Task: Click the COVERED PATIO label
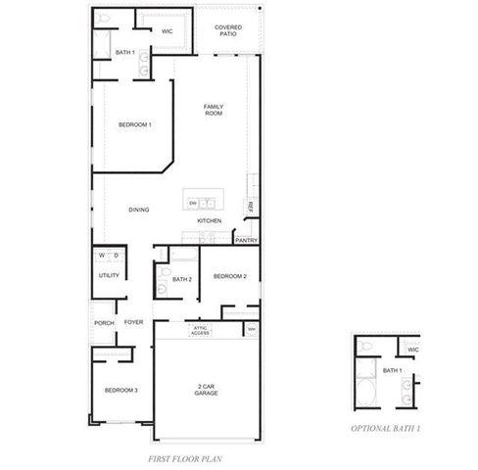click(x=228, y=31)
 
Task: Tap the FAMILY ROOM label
click(x=214, y=110)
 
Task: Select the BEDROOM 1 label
click(x=135, y=124)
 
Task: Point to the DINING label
click(x=138, y=210)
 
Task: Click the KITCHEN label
click(x=210, y=220)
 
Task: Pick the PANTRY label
click(x=247, y=239)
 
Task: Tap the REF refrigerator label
click(x=251, y=206)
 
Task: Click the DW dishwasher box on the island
click(x=193, y=203)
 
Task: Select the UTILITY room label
click(x=109, y=275)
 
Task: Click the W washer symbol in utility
click(x=101, y=256)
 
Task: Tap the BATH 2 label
click(x=181, y=279)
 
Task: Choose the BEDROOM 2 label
click(x=230, y=276)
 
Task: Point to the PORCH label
click(x=104, y=323)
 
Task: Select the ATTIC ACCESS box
click(x=200, y=330)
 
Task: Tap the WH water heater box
click(x=252, y=328)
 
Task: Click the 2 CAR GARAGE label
click(x=206, y=390)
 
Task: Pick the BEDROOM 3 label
click(x=121, y=390)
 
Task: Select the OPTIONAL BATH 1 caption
click(x=386, y=428)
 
